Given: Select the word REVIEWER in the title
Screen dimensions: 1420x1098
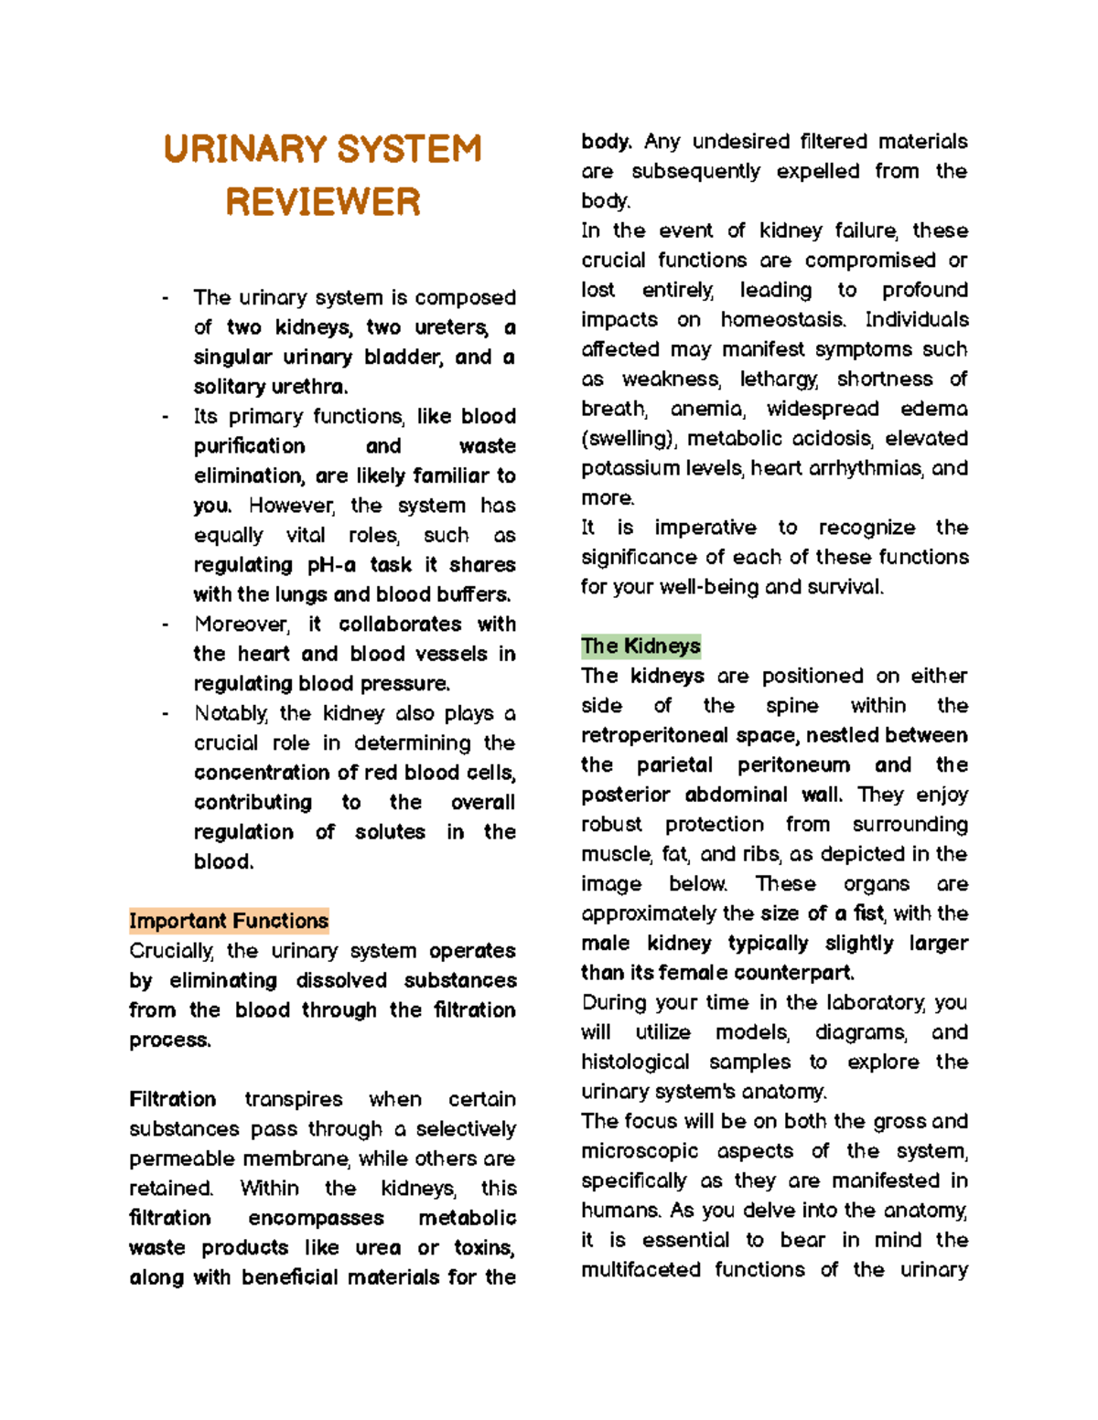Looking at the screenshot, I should tap(323, 202).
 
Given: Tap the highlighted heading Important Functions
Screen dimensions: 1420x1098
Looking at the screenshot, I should tap(229, 921).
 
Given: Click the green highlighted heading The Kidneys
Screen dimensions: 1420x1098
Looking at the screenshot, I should tap(640, 646).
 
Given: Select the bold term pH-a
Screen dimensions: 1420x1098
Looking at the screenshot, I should tap(331, 565).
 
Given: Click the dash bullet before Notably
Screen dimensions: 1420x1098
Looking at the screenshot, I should tap(165, 714).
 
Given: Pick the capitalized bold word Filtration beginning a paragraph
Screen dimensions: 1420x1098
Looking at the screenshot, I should tap(173, 1099).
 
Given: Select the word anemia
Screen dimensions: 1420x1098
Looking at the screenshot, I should tap(707, 409).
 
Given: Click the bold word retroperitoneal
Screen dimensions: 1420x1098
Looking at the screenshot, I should tap(654, 735).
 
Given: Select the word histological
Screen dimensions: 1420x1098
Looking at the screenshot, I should tap(635, 1062).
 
